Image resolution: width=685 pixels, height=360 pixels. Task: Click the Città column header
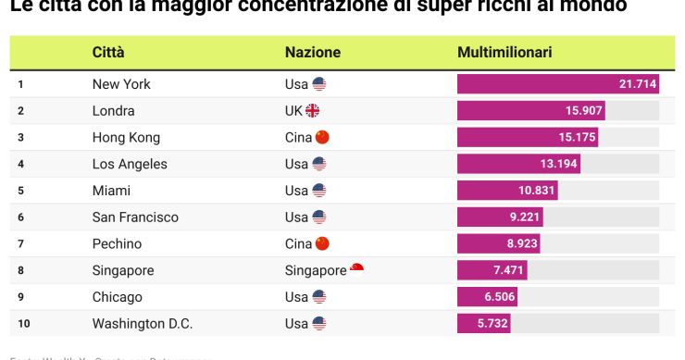[107, 53]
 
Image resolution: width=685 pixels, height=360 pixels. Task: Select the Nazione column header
[312, 53]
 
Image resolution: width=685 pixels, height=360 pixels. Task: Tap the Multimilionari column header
[504, 53]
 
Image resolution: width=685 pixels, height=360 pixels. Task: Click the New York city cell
[121, 84]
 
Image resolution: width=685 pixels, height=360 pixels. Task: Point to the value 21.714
[638, 84]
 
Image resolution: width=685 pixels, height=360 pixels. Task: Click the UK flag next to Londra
[312, 111]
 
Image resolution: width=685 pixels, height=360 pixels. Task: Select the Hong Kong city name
[126, 138]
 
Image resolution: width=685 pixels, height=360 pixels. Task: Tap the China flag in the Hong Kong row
[322, 138]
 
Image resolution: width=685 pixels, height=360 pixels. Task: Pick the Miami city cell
[111, 191]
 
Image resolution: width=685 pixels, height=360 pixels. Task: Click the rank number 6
[20, 217]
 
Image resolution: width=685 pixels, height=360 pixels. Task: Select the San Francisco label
[135, 217]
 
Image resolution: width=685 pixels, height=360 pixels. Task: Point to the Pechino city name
[117, 244]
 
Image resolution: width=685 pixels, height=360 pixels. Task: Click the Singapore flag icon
[356, 270]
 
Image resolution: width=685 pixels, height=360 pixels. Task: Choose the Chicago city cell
[118, 297]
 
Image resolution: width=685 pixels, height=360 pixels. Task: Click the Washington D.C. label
[143, 324]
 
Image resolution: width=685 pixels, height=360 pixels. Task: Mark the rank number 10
[23, 324]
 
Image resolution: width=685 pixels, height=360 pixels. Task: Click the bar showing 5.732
[483, 324]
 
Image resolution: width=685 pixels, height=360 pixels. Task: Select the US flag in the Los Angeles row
[319, 165]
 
